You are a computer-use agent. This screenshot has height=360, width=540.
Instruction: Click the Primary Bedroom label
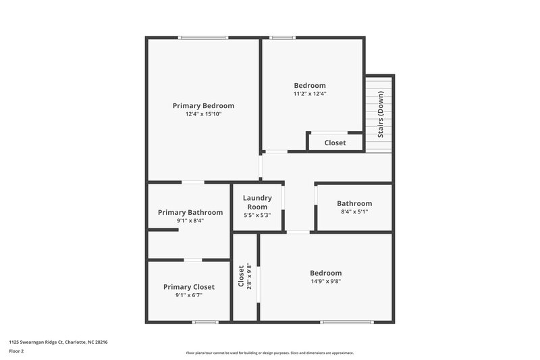pos(203,105)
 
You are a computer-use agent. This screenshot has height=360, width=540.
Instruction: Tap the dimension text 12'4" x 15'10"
pos(203,114)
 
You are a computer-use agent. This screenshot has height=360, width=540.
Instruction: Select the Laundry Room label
pos(258,203)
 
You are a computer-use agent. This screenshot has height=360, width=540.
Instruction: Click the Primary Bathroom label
pos(190,212)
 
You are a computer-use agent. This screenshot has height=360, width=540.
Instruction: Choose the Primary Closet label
pos(189,287)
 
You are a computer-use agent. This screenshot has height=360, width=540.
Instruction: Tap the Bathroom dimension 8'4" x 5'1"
pos(354,211)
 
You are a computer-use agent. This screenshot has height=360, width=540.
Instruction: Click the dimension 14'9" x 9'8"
pos(326,282)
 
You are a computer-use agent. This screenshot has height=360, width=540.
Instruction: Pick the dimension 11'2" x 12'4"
pos(310,94)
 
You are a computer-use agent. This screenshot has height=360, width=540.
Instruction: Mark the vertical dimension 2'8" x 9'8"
pos(249,276)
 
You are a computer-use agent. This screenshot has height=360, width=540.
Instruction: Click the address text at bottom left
pos(58,342)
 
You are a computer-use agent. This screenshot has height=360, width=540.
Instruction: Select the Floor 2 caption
pos(17,351)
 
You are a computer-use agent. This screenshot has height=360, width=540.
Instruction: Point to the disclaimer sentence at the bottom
pos(270,353)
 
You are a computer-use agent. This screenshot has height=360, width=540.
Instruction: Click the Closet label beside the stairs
pos(335,143)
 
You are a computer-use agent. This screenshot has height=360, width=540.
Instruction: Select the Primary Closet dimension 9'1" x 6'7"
pos(189,295)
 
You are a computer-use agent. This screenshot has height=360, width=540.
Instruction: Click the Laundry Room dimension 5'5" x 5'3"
pos(258,215)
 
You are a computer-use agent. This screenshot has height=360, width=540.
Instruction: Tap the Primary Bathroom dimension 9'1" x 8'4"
pos(190,220)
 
